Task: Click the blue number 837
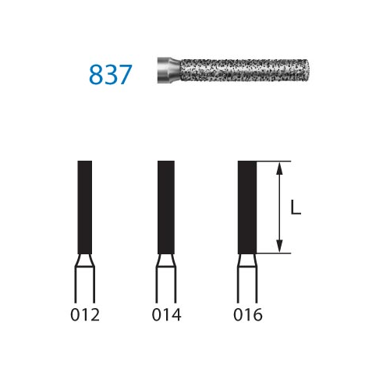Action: pyautogui.click(x=111, y=75)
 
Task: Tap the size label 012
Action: pyautogui.click(x=85, y=315)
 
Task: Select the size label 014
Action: pyautogui.click(x=166, y=315)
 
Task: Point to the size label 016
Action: pyautogui.click(x=248, y=315)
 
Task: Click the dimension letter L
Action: pyautogui.click(x=296, y=207)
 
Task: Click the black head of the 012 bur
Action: pyautogui.click(x=85, y=207)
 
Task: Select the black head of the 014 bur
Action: pyautogui.click(x=166, y=207)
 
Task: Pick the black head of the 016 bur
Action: pyautogui.click(x=247, y=207)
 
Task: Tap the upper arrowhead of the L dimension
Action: pyautogui.click(x=279, y=168)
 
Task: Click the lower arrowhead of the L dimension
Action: pyautogui.click(x=279, y=246)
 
